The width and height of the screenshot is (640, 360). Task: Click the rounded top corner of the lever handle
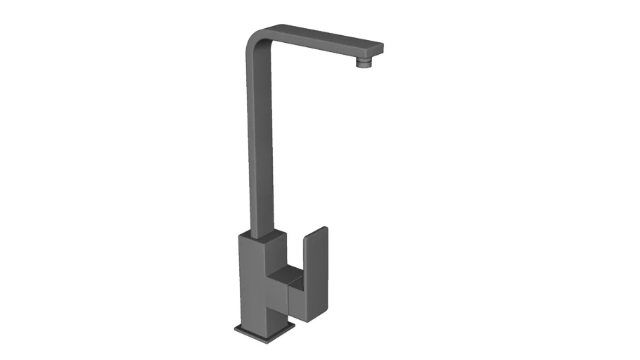324,229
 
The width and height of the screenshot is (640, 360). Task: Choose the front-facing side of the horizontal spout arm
316,49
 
